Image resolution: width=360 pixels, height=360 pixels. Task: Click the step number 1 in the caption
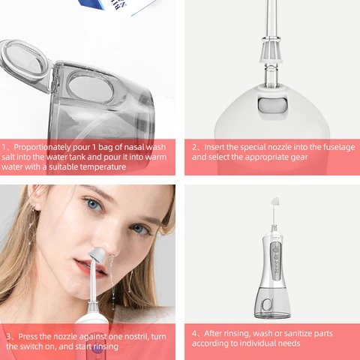pos(5,148)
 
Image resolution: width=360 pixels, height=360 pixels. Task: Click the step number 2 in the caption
pos(194,148)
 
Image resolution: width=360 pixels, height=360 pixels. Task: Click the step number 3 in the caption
pos(5,336)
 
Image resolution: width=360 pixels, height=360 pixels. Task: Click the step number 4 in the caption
pos(194,333)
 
